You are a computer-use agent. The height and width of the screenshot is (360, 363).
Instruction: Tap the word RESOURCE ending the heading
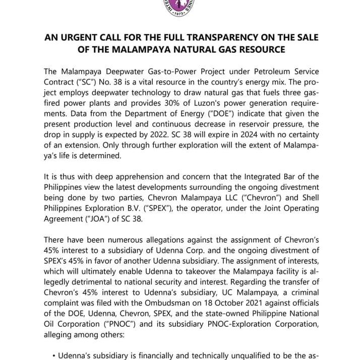coord(261,49)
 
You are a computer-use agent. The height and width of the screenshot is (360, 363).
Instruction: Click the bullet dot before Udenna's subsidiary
coord(53,355)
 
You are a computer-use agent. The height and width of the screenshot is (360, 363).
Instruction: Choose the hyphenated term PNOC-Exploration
coord(237,323)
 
